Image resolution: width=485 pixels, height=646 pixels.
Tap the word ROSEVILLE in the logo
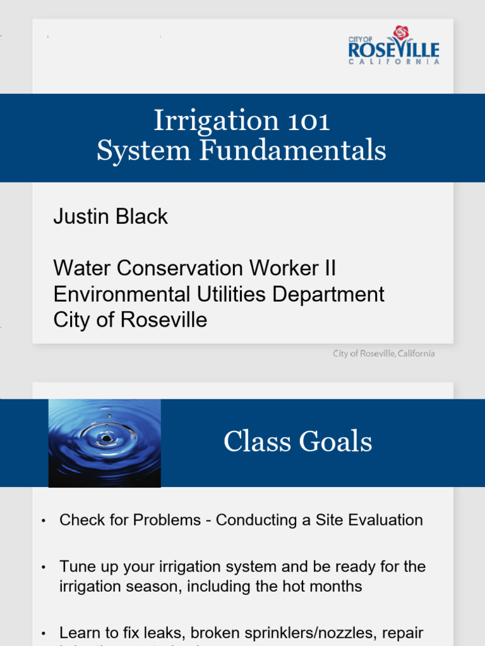point(393,50)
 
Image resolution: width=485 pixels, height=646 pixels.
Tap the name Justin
point(80,216)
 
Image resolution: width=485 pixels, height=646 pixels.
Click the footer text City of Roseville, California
point(384,354)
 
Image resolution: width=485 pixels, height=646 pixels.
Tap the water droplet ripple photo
point(105,442)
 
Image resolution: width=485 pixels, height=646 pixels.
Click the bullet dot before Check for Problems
point(44,521)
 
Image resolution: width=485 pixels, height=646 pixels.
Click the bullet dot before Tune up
point(44,567)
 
